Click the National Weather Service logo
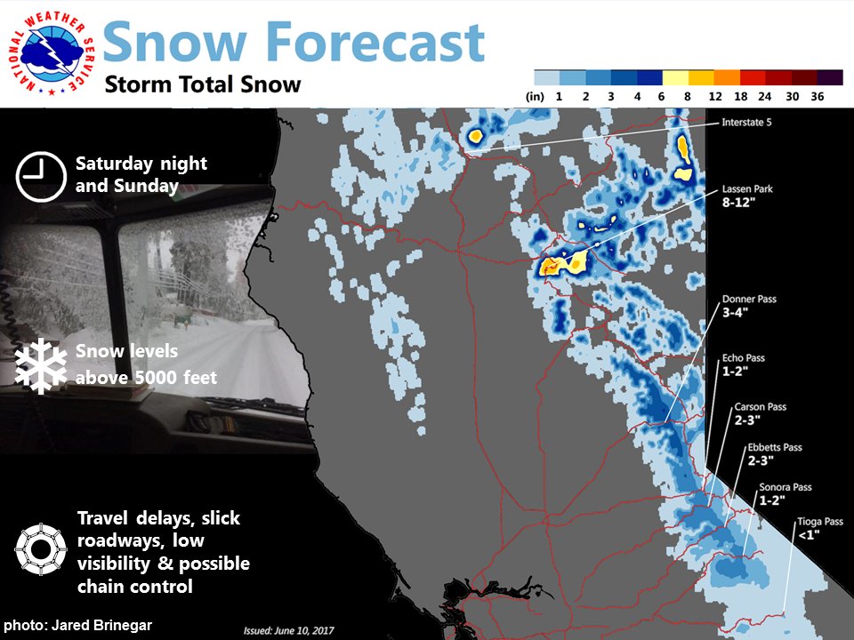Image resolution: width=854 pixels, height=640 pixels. click(x=52, y=52)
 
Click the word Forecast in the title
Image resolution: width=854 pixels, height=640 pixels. click(x=375, y=42)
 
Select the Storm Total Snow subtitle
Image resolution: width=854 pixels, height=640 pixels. click(x=203, y=84)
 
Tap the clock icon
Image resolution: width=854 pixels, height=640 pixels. click(x=41, y=177)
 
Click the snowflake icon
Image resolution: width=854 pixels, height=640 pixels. click(x=41, y=365)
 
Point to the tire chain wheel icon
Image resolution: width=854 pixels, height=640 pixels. click(x=41, y=549)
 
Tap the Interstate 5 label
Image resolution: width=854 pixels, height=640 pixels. click(x=746, y=123)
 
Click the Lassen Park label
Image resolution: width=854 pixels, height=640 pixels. click(x=747, y=188)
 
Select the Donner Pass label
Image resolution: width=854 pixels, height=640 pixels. click(x=749, y=299)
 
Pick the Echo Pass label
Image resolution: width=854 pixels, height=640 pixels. click(x=744, y=358)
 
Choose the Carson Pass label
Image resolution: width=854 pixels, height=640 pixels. click(x=760, y=406)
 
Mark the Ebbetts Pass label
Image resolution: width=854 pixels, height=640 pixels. click(x=775, y=447)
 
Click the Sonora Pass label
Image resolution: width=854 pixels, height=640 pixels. click(x=786, y=487)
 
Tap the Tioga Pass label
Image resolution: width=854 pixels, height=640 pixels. click(x=820, y=522)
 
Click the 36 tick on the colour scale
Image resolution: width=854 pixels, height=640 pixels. click(x=817, y=96)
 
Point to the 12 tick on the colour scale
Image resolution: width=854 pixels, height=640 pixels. click(x=715, y=96)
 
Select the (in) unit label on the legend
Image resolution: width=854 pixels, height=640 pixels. click(x=535, y=96)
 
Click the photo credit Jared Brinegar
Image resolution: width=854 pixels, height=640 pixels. click(x=78, y=625)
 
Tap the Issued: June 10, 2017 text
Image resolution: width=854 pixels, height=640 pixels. click(x=288, y=631)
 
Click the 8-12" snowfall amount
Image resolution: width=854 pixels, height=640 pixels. click(x=739, y=203)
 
